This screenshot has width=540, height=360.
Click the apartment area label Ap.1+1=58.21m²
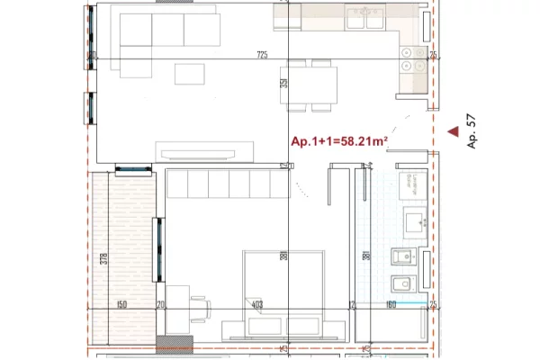pyautogui.click(x=338, y=141)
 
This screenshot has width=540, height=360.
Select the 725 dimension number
pyautogui.click(x=262, y=56)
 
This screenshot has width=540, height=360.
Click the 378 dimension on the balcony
pyautogui.click(x=104, y=261)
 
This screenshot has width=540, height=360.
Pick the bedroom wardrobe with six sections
pyautogui.click(x=227, y=184)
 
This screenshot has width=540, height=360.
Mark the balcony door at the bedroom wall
pyautogui.click(x=159, y=248)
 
